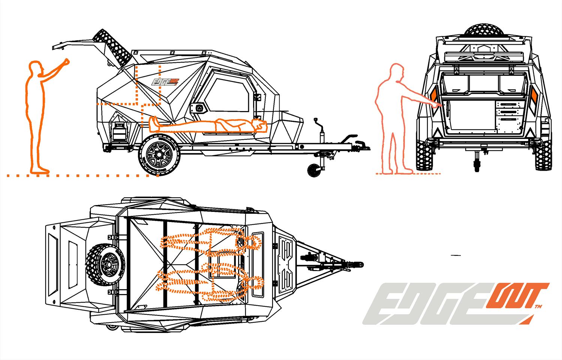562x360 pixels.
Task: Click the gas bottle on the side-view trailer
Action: pos(120,132)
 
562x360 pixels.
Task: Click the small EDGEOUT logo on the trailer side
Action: pos(165,82)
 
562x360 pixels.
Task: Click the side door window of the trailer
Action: pos(228,95)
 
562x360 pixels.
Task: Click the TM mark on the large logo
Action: pos(538,307)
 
